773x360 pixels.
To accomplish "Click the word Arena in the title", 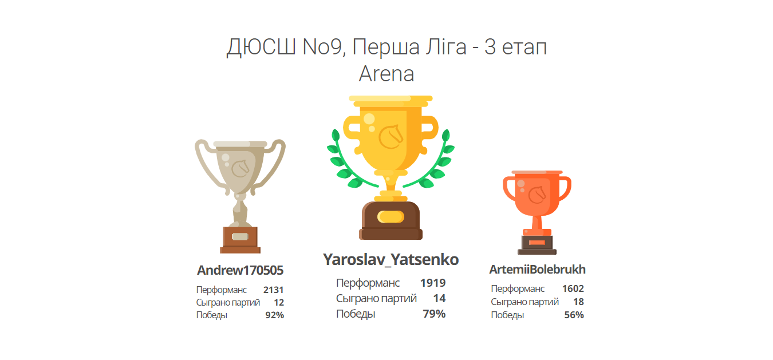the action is pos(386,74).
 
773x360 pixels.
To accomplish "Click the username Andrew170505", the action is pos(240,270).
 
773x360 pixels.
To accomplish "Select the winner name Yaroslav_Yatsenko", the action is pos(391,260).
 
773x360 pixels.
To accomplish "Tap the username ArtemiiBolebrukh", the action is pos(537,270).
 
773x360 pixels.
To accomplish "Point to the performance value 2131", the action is pos(273,290).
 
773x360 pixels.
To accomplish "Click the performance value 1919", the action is pos(433,283).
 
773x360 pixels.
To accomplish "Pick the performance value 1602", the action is pos(573,288).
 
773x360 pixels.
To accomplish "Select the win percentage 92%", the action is pos(274,315).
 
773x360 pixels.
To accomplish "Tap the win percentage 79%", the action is pos(434,314).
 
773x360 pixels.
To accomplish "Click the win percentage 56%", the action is pos(574,315).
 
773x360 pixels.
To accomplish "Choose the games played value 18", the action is pos(578,302).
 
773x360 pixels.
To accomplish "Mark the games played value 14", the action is pos(439,298).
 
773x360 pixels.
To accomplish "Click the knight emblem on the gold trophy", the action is pos(391,137).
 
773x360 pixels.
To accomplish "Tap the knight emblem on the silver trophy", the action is pos(240,168).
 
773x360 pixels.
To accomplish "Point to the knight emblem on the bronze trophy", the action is pos(537,195).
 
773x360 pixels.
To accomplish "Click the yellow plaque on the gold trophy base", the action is pos(391,217).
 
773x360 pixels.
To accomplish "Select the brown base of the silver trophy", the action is pos(240,240).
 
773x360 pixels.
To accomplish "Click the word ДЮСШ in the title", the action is pos(261,48).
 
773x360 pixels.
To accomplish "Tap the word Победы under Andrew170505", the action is pos(211,315).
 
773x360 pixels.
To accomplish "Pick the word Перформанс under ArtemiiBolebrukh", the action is pos(518,288).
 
